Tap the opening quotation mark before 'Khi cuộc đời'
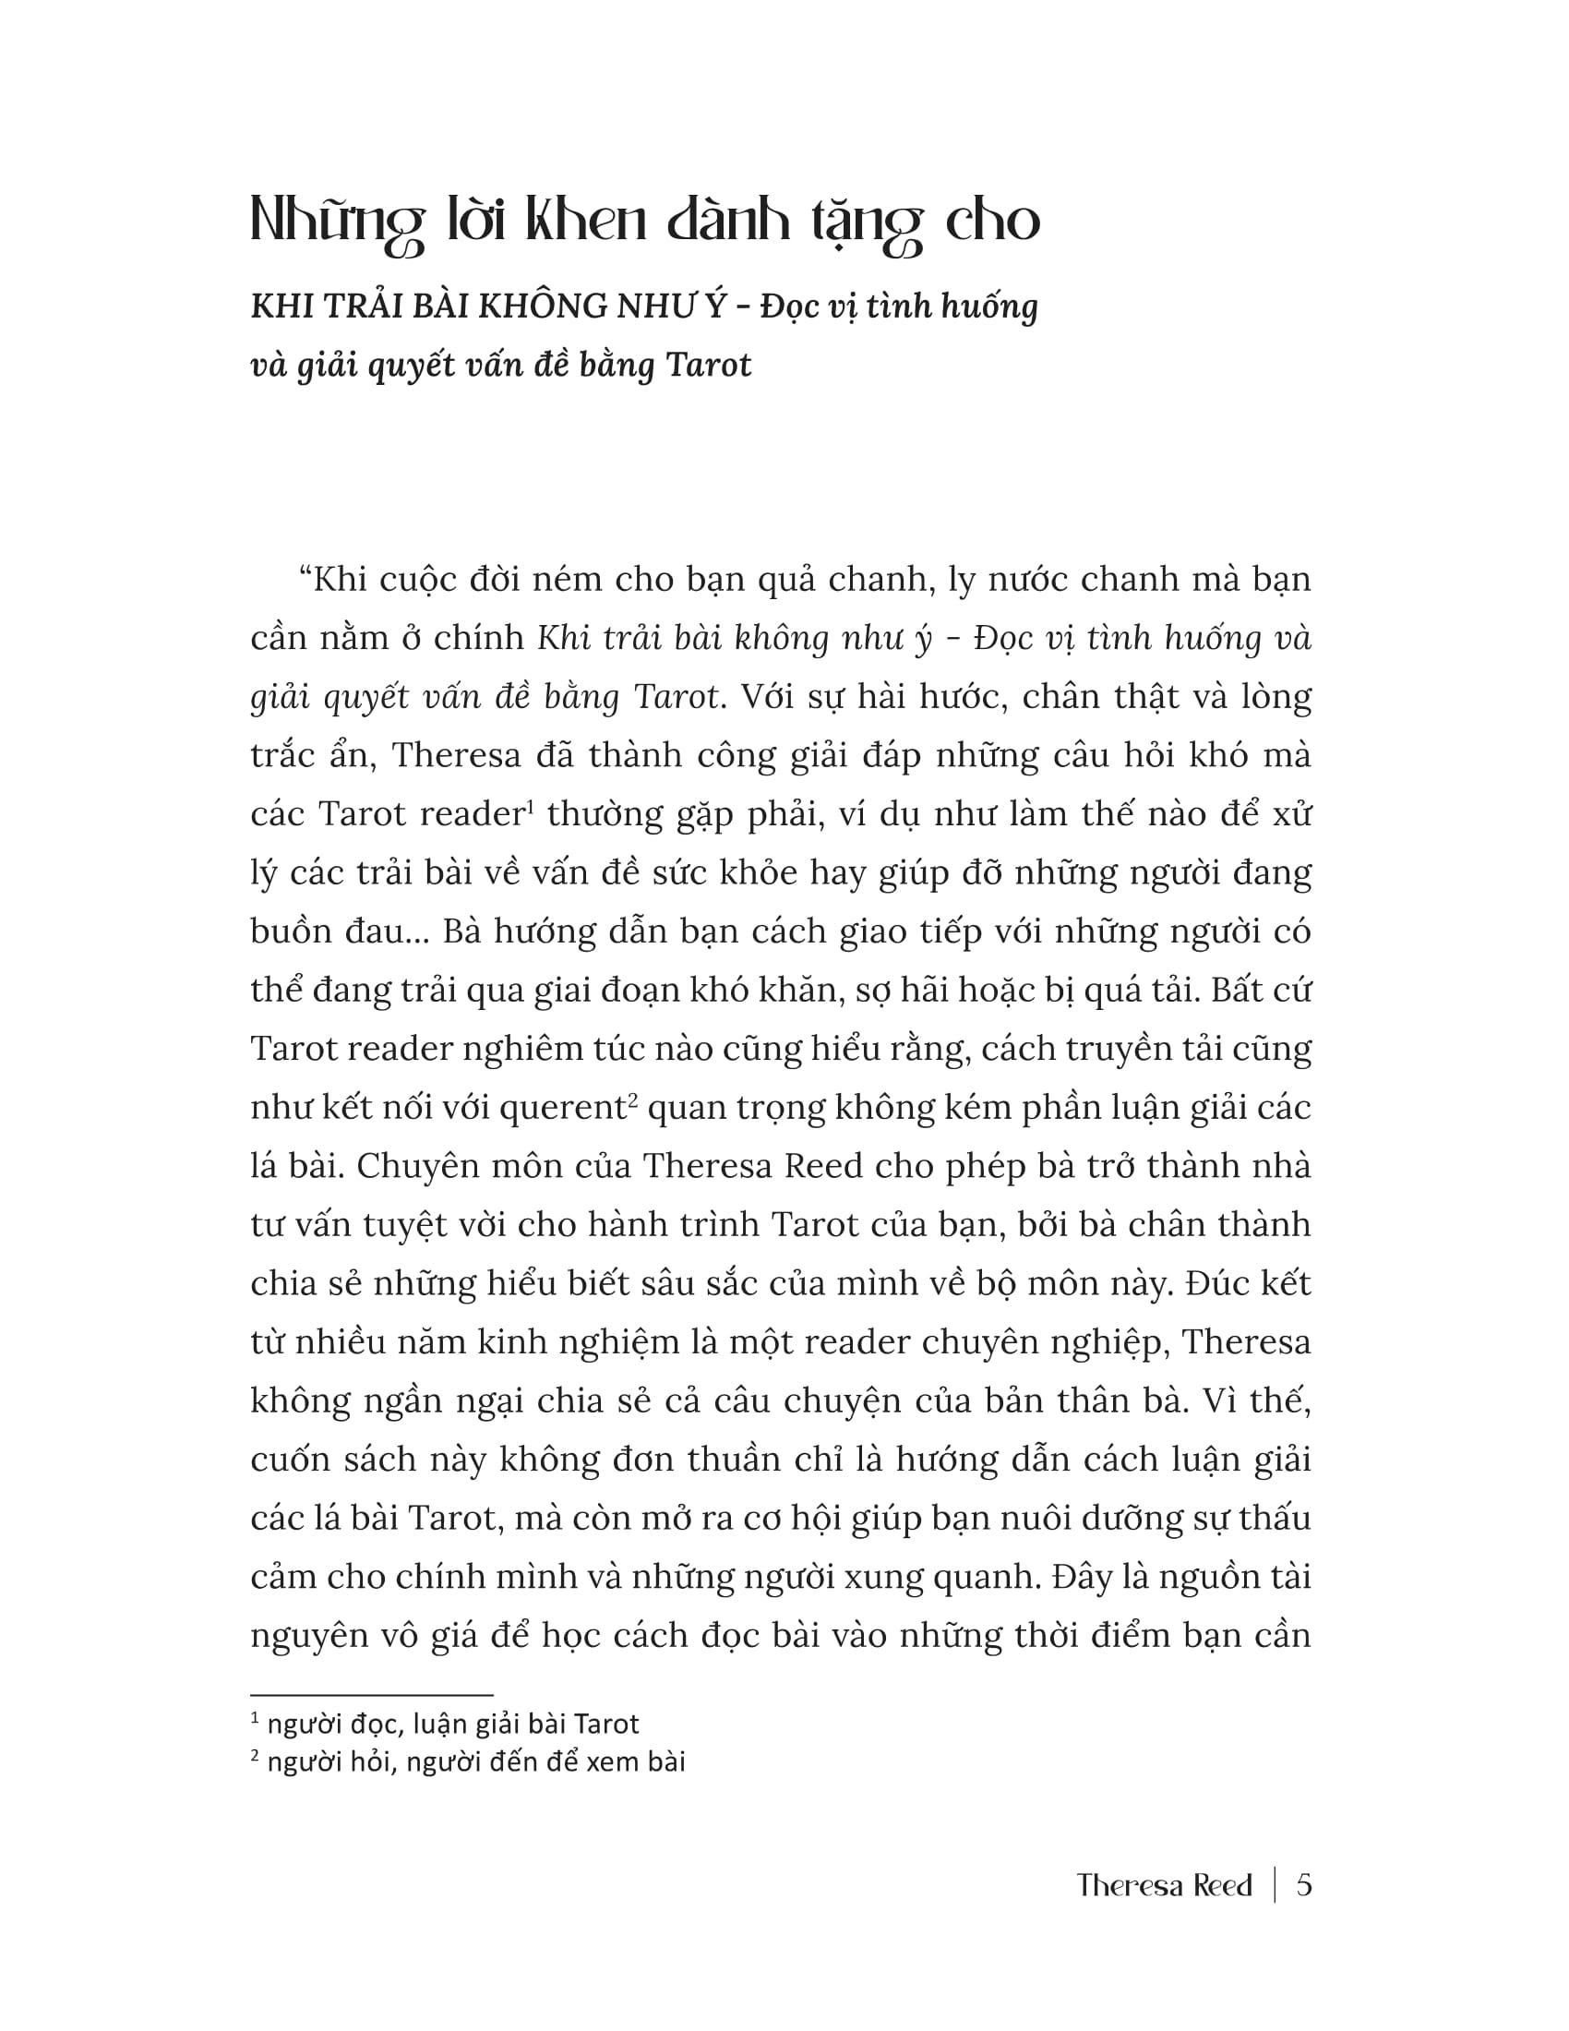304,578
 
